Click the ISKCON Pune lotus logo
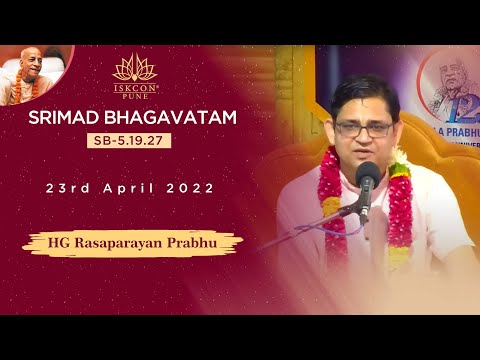pyautogui.click(x=134, y=69)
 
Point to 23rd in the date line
pyautogui.click(x=67, y=188)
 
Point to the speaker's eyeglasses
pyautogui.click(x=362, y=128)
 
